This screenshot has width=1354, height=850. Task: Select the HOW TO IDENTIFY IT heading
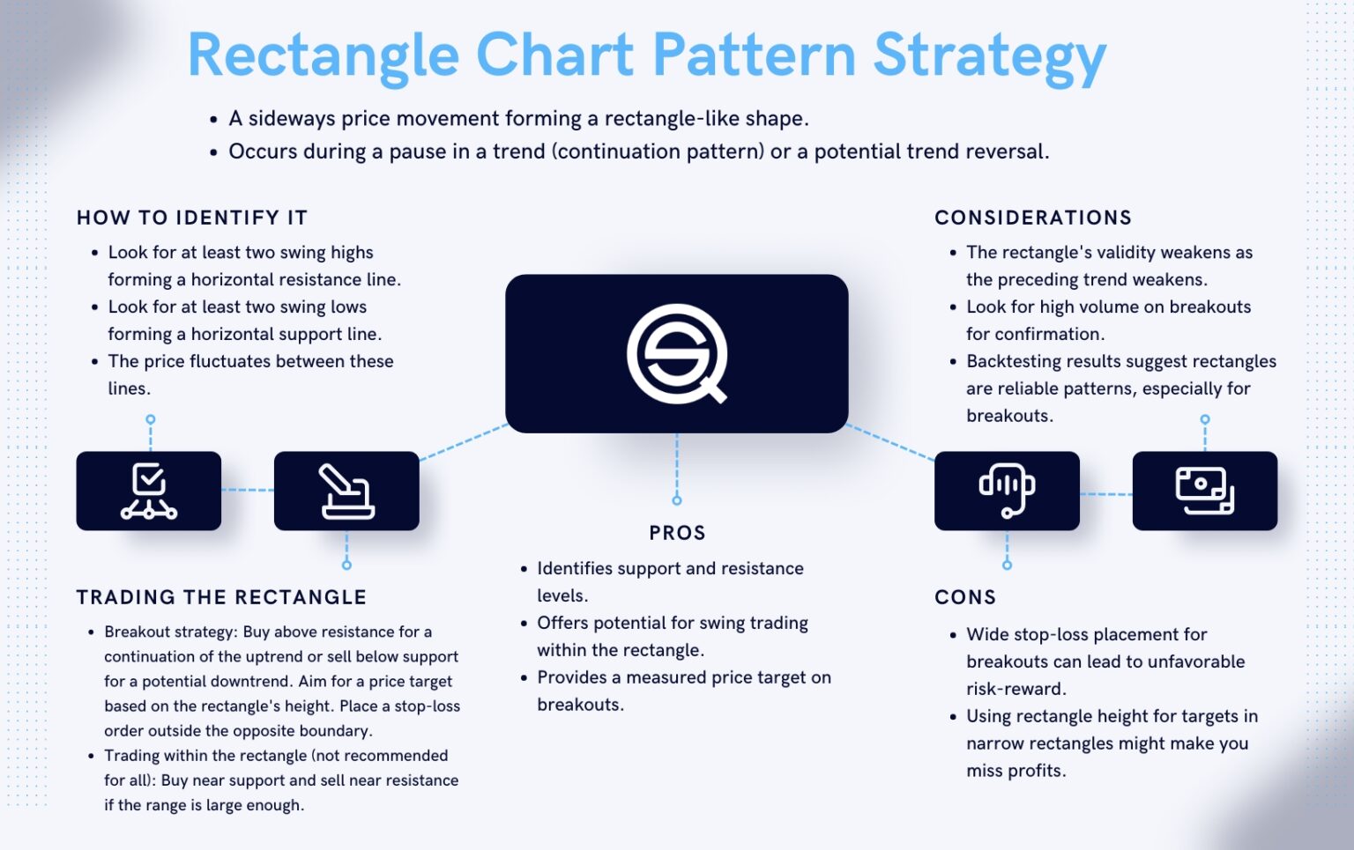pos(192,218)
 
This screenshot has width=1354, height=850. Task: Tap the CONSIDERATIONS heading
pos(1033,218)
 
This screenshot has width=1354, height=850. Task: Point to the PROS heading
pos(677,533)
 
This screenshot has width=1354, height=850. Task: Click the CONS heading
pos(965,597)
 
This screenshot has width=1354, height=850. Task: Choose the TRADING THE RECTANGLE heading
pos(221,597)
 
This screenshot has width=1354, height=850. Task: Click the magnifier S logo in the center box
pos(676,353)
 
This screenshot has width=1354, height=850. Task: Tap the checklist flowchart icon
pos(148,491)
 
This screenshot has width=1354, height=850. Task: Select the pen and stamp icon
pos(346,491)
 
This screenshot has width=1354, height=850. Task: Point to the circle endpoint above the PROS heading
pos(677,500)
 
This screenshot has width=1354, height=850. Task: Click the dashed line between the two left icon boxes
pos(248,490)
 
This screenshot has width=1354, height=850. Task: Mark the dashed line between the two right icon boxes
pos(1105,494)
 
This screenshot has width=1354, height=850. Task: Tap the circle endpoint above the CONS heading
pos(1007,565)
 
